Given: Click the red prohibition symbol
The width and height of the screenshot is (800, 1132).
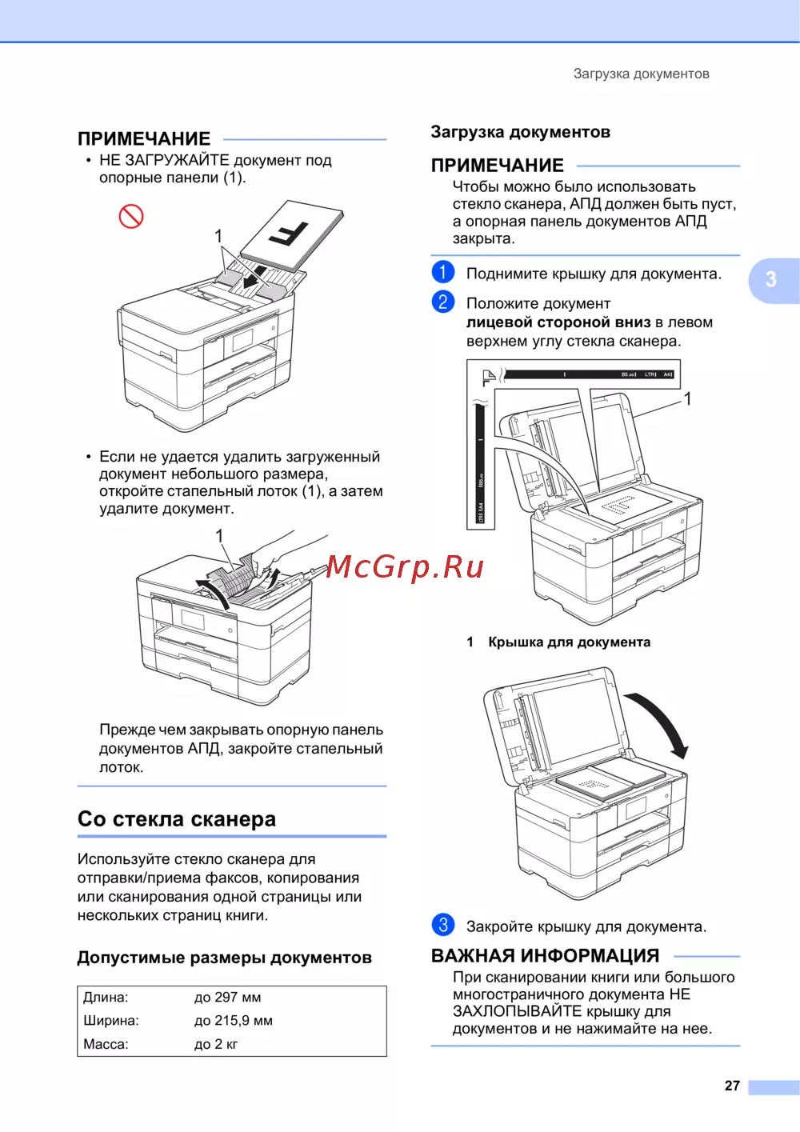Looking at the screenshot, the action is (131, 216).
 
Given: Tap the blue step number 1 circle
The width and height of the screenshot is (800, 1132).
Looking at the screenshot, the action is (442, 272).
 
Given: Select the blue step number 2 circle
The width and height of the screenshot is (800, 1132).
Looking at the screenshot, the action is (442, 302).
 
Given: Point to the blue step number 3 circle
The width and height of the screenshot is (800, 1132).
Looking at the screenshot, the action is (442, 925).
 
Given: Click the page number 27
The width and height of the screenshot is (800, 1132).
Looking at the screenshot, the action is (732, 1085).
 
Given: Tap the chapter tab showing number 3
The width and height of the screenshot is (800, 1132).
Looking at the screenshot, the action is (774, 279).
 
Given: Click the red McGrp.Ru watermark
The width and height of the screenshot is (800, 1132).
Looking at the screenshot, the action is (405, 567).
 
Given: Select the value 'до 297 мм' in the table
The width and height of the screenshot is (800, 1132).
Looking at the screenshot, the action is (227, 997).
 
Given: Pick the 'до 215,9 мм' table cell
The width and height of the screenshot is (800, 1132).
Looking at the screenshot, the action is (233, 1020).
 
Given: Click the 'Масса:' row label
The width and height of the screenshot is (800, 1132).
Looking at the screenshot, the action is (106, 1043).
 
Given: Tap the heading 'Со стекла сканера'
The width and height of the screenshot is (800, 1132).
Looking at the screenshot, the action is (176, 818).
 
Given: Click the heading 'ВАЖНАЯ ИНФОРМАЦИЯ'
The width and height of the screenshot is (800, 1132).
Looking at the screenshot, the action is (546, 956).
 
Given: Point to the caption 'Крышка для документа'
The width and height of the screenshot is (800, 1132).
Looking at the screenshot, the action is (569, 642).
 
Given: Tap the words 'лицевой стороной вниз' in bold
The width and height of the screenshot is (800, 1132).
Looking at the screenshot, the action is (558, 322).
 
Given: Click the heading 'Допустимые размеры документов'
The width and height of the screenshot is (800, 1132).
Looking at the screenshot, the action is (224, 957).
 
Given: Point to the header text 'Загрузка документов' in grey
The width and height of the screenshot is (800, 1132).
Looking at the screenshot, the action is (641, 74).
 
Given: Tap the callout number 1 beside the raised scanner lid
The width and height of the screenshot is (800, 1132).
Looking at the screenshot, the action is (687, 398).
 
